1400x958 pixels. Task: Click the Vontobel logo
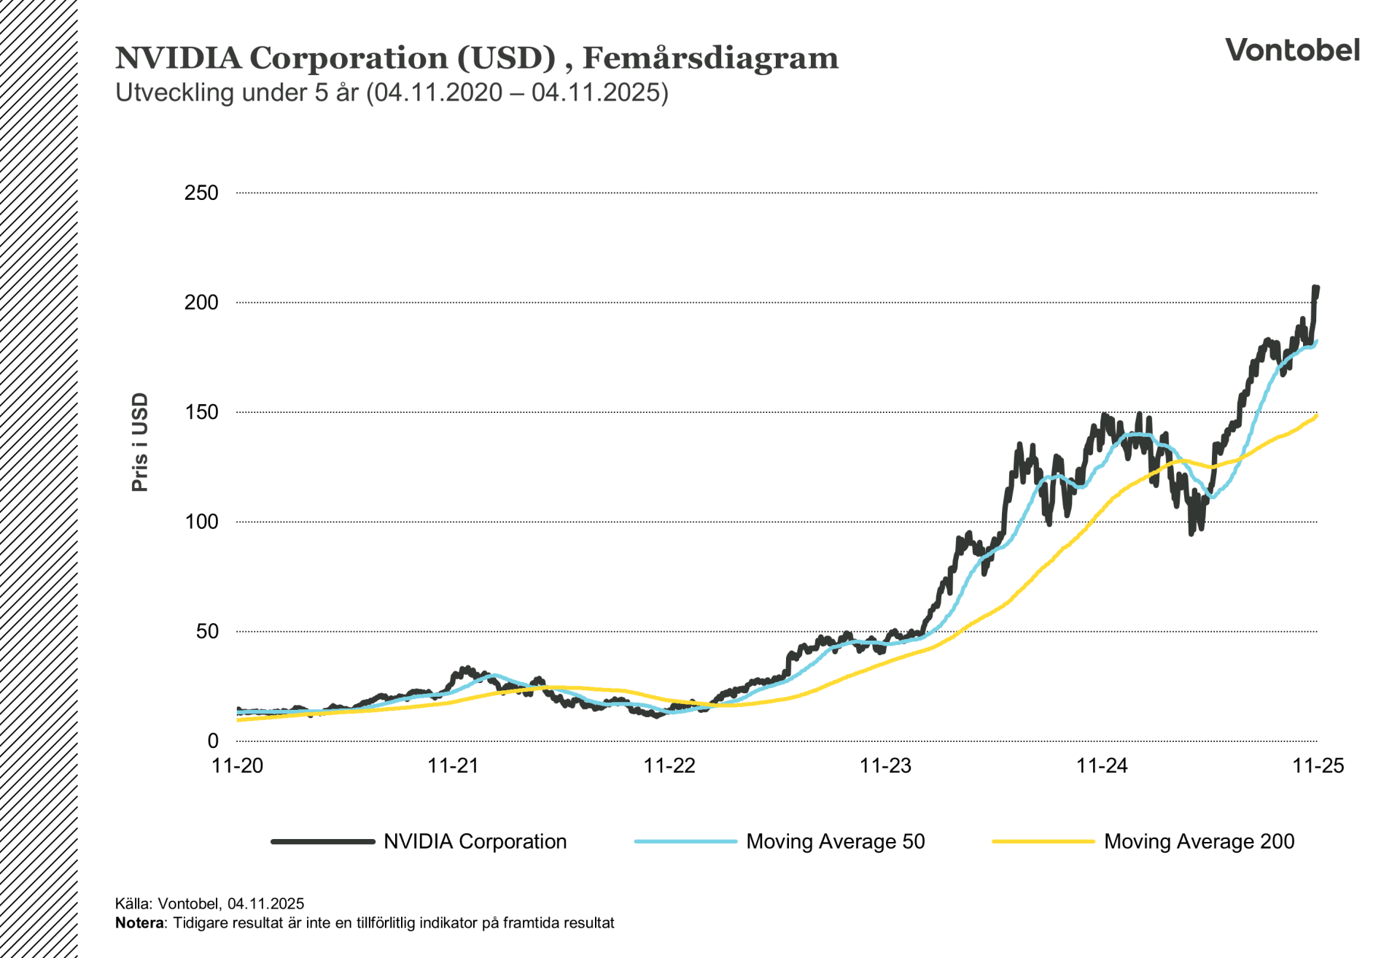tap(1292, 50)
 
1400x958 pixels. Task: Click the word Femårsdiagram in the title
tap(710, 58)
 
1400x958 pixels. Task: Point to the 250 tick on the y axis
tap(201, 193)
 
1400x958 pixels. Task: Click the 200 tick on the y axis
tap(201, 302)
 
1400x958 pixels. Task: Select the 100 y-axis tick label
tap(201, 522)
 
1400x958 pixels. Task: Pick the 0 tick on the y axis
tap(213, 741)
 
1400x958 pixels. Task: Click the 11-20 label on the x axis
tap(237, 765)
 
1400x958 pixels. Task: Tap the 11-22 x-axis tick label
tap(669, 765)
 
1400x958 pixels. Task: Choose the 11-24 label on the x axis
tap(1102, 765)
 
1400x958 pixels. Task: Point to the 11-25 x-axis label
tap(1318, 765)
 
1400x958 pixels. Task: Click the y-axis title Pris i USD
tap(140, 442)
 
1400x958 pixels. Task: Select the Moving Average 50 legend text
tap(835, 841)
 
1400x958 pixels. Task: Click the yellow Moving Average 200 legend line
tap(1043, 841)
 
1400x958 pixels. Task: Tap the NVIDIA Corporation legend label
tap(475, 841)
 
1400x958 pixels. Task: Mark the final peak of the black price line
tap(1316, 289)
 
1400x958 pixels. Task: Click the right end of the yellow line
tap(1316, 416)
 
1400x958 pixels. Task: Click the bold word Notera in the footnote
tap(139, 923)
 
